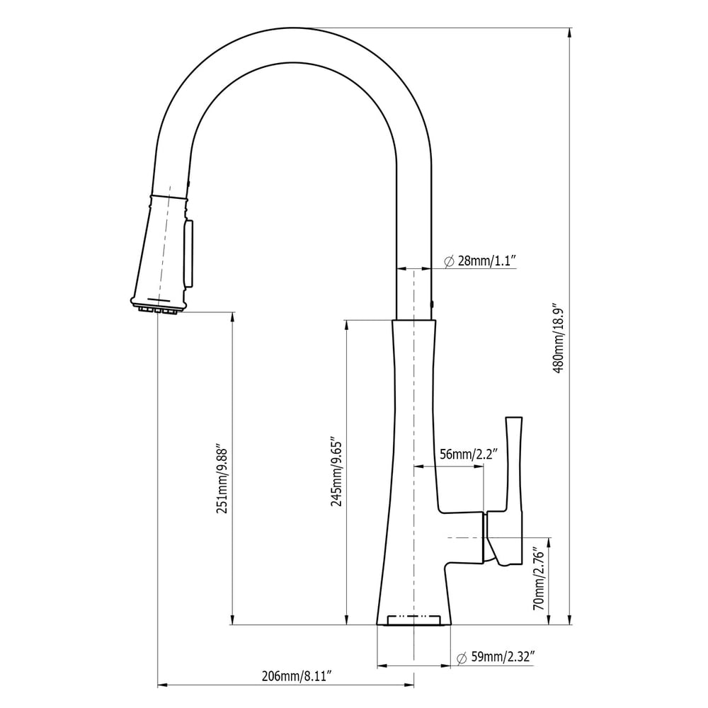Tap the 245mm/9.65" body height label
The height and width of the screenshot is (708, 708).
(337, 473)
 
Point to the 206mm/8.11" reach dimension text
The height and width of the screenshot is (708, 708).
(297, 675)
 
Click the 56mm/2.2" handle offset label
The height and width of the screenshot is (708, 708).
(469, 454)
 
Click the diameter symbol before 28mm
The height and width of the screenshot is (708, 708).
(449, 261)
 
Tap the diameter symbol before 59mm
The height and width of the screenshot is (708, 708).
(461, 658)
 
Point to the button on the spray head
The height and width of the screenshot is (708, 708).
(188, 253)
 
